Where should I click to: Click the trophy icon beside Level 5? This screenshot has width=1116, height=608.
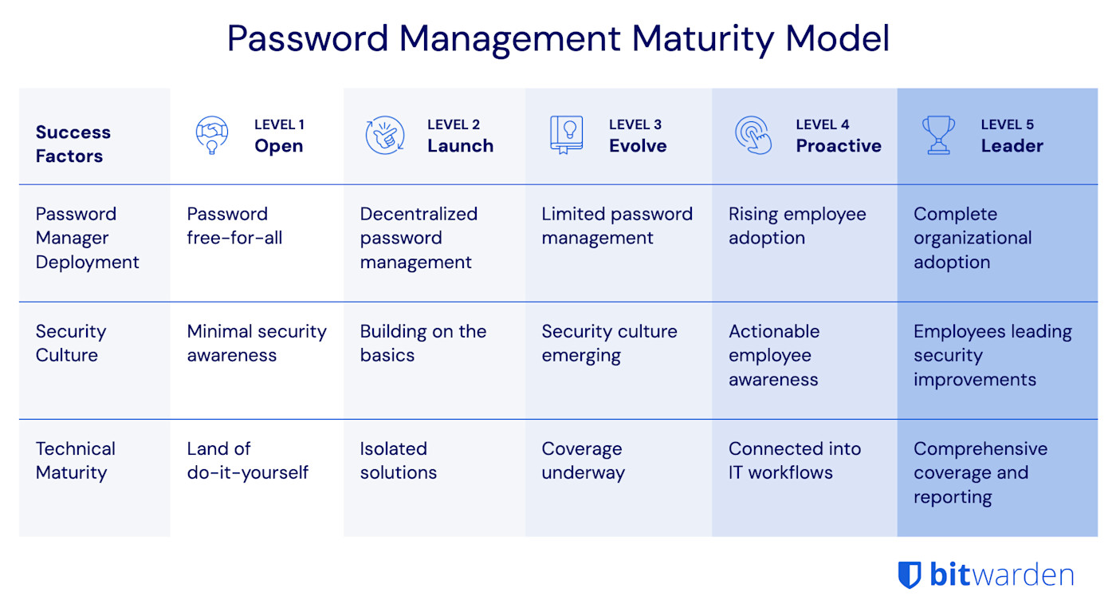(x=938, y=135)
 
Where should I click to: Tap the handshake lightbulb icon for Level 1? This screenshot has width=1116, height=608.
(x=212, y=135)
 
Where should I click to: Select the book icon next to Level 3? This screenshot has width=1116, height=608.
(x=566, y=135)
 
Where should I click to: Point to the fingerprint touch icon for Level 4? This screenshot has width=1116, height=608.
(x=753, y=135)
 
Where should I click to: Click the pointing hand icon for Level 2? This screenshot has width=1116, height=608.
(x=385, y=135)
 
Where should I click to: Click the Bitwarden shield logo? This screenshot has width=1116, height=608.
(x=909, y=574)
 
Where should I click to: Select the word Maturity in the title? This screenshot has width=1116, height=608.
(x=697, y=38)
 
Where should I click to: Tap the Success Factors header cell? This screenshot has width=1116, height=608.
(x=73, y=144)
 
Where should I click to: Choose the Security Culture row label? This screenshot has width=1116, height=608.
(x=70, y=343)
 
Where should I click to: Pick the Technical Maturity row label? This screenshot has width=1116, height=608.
(x=75, y=460)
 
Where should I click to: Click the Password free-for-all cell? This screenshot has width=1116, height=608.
(x=234, y=226)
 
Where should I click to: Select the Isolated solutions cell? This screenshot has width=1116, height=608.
(x=398, y=460)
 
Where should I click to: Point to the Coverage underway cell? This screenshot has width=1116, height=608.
(x=583, y=460)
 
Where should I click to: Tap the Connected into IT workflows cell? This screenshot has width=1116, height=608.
(x=794, y=460)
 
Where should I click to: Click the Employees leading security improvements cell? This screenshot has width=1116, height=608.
(x=992, y=355)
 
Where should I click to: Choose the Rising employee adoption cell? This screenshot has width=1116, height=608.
(x=796, y=226)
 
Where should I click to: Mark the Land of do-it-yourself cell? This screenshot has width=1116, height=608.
(x=247, y=460)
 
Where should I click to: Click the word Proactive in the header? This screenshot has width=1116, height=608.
(x=838, y=146)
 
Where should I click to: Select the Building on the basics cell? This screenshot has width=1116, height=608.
(x=422, y=343)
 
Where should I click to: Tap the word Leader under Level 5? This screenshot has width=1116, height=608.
(x=1012, y=146)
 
